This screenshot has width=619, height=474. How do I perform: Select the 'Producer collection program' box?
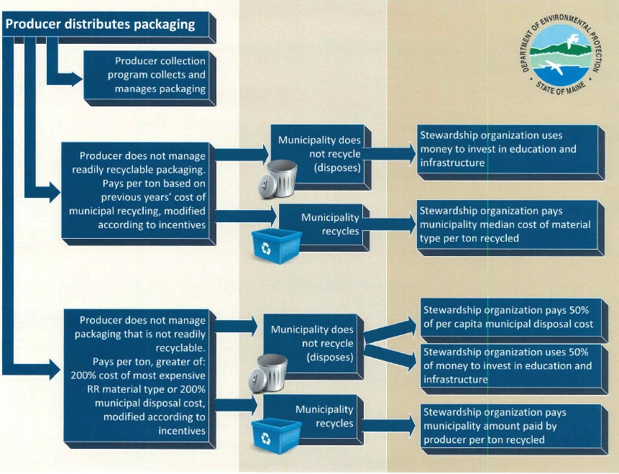tap(150, 78)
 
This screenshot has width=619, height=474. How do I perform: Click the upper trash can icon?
tap(278, 178)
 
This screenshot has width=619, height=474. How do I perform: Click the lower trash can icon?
tap(267, 373)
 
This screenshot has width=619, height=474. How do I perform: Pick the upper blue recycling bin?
tap(276, 246)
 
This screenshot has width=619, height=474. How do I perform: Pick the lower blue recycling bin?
tap(276, 436)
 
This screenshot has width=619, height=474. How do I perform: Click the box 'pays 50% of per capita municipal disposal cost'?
tap(514, 320)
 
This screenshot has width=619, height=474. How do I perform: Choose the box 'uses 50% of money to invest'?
tap(514, 369)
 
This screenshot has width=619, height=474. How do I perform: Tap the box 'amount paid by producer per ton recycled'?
tap(514, 429)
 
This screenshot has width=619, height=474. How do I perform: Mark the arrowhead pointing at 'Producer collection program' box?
tap(78, 79)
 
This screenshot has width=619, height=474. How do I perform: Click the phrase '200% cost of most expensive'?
tap(138, 375)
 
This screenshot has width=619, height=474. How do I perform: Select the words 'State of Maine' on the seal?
tap(560, 88)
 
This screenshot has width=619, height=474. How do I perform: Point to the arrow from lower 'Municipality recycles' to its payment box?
tap(390, 426)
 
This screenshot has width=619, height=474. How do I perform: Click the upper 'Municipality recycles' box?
tap(324, 227)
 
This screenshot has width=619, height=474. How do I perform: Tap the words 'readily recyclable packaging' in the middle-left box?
tap(138, 170)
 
